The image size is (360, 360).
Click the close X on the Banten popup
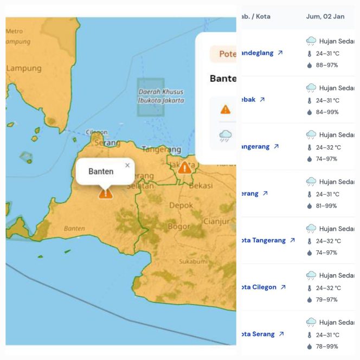[x=127, y=165]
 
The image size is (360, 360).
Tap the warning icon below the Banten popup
[x=105, y=192]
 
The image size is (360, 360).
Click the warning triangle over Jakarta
[x=184, y=167]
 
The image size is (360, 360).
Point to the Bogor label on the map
[x=178, y=226]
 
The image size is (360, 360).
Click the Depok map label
[x=181, y=205]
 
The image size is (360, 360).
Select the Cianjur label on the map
[x=216, y=221]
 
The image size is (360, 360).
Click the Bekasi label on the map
[x=202, y=185]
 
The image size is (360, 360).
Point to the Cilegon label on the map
[x=97, y=132]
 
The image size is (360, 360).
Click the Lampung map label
[x=24, y=68]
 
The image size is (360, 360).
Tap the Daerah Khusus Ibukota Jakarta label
[x=161, y=96]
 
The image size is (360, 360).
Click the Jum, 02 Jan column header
[x=325, y=16]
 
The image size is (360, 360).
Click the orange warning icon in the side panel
[x=226, y=109]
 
